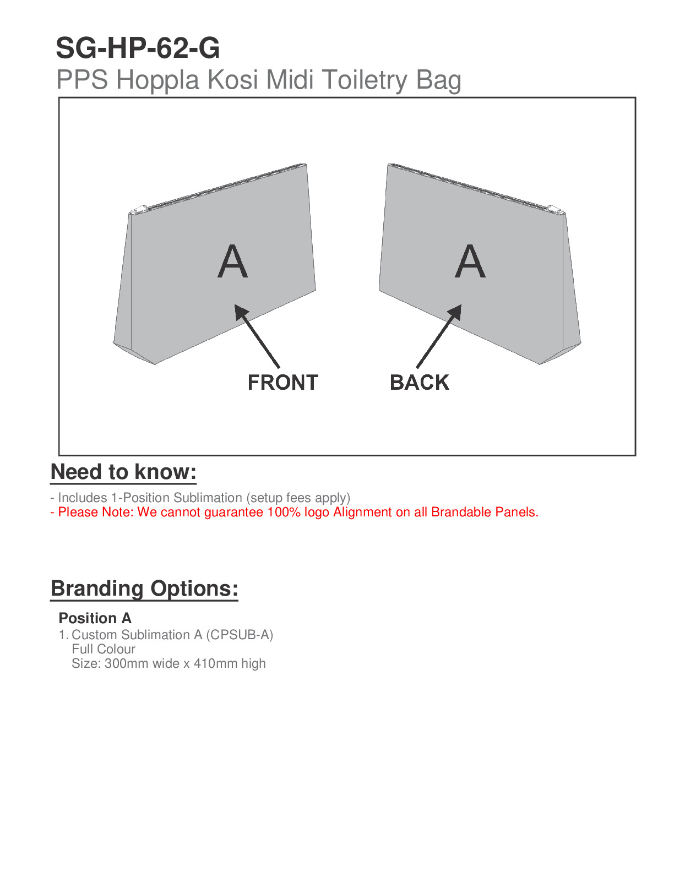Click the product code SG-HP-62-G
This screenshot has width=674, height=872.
click(138, 48)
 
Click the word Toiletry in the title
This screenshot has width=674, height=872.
click(365, 80)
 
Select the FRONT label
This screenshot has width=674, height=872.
click(282, 383)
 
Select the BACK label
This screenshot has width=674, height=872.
click(419, 383)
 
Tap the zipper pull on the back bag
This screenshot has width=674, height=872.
click(555, 209)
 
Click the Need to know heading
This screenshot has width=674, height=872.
click(123, 472)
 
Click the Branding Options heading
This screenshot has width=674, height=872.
click(144, 588)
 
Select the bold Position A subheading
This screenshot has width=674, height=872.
click(95, 618)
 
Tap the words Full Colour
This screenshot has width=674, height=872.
click(104, 649)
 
